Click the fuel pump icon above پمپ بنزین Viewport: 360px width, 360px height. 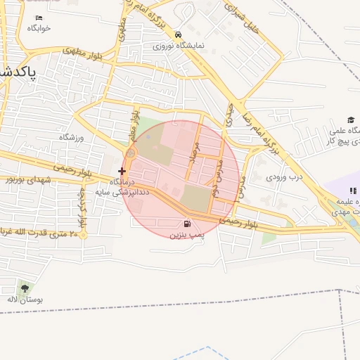point(176,224)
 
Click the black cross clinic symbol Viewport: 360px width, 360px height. point(122,170)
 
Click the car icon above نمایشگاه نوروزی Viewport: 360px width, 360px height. point(179,34)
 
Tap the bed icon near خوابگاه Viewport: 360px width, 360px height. point(38,17)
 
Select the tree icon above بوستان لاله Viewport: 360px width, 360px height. point(25,288)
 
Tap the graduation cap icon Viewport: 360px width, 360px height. point(350,120)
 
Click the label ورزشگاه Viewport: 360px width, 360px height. point(71,137)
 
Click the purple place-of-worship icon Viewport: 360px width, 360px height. point(352,191)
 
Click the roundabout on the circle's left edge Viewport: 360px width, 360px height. point(131,153)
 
